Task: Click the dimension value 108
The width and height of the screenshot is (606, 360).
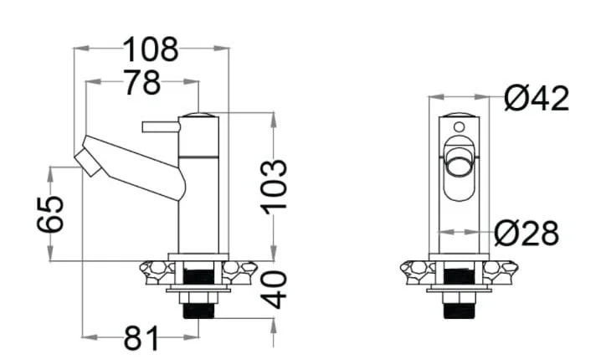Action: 151,49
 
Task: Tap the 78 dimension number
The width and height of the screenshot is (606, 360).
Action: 141,82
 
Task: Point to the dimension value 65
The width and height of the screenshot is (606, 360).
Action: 50,214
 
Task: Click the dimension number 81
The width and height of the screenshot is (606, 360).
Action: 141,337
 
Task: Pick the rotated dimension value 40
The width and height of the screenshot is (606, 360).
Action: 274,290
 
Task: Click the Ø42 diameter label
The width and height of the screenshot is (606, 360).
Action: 537,98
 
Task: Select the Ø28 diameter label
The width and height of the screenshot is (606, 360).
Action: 526,234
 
